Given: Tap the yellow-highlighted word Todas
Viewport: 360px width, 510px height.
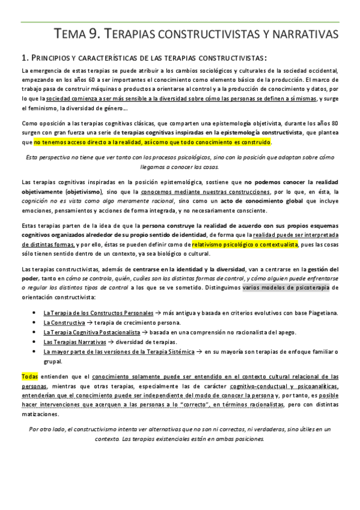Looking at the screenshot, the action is point(29,376).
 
